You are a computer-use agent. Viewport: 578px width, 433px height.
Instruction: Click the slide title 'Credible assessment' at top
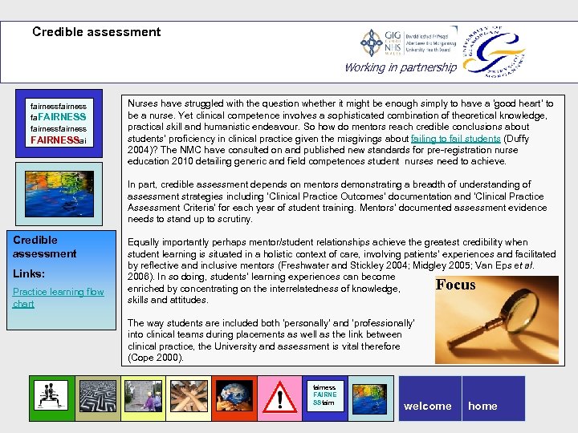[96, 33]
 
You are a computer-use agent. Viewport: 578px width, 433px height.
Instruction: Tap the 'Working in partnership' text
[400, 67]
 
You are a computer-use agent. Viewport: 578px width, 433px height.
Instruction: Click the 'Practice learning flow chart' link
[58, 297]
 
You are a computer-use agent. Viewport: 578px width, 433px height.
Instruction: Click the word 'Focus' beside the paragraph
[455, 285]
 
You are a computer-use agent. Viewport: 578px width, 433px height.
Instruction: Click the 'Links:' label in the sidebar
[29, 273]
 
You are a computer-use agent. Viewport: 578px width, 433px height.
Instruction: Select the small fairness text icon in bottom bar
[326, 395]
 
